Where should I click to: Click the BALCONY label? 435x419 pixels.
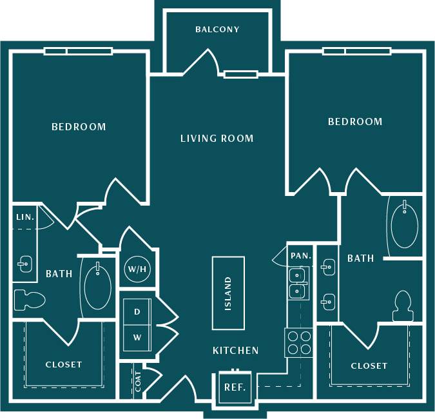pyautogui.click(x=217, y=30)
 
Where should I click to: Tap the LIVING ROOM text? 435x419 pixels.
pyautogui.click(x=217, y=139)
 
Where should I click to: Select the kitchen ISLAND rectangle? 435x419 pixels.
pyautogui.click(x=229, y=293)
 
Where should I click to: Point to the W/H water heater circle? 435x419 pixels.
pyautogui.click(x=137, y=269)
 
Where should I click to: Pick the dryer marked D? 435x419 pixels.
pyautogui.click(x=137, y=312)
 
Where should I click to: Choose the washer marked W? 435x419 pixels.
pyautogui.click(x=137, y=337)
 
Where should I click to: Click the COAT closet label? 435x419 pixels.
pyautogui.click(x=138, y=382)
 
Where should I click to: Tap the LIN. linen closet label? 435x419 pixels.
pyautogui.click(x=24, y=217)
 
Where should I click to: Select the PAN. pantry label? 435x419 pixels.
pyautogui.click(x=301, y=256)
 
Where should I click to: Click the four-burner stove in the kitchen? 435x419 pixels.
pyautogui.click(x=298, y=342)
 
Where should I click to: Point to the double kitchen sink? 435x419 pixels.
pyautogui.click(x=298, y=282)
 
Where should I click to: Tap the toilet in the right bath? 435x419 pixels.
pyautogui.click(x=403, y=306)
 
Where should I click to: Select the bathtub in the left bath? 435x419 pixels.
pyautogui.click(x=99, y=286)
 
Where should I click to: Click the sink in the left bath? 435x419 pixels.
pyautogui.click(x=24, y=264)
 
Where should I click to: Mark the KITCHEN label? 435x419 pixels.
pyautogui.click(x=236, y=351)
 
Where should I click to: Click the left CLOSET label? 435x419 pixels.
pyautogui.click(x=64, y=365)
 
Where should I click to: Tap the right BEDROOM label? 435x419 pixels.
pyautogui.click(x=355, y=122)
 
